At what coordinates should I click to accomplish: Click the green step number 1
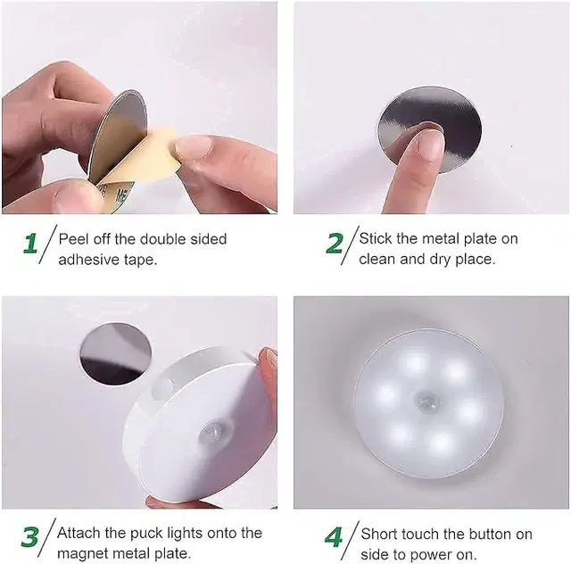coord(30,244)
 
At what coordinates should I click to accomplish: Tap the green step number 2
coord(335,244)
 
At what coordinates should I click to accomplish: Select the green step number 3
coord(30,536)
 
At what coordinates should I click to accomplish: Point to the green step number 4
coord(334,537)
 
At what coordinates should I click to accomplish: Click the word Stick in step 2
coord(376,239)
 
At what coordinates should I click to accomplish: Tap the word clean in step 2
coord(378,260)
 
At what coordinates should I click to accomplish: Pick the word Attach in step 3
coord(80,533)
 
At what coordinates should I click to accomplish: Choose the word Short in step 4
coord(381,534)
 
